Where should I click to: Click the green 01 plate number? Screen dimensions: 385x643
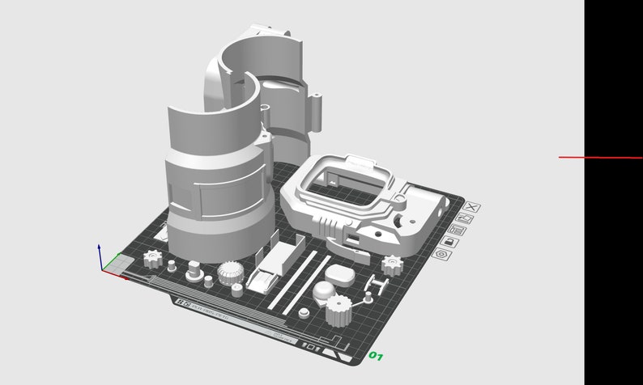pos(376,355)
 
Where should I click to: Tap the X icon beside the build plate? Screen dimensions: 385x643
pos(472,207)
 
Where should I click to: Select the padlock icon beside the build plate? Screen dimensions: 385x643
pos(448,242)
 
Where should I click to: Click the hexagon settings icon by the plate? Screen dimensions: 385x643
pos(441,254)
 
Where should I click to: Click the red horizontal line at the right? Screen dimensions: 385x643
pos(599,157)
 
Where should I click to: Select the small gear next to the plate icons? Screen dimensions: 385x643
pos(393,264)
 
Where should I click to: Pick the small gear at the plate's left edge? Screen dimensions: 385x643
pos(151,260)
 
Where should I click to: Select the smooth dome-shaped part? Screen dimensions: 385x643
pos(325,290)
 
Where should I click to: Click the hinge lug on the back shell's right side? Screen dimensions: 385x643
pos(317,113)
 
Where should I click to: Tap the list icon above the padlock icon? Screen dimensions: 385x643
pos(455,231)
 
